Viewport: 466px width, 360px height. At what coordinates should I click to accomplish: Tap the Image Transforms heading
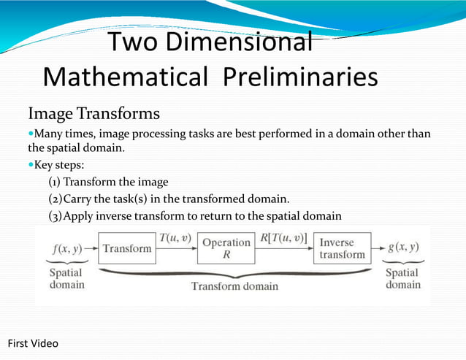[x=93, y=114]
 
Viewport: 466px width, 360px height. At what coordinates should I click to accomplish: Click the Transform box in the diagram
[x=127, y=248]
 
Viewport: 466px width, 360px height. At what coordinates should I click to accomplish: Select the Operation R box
[x=226, y=248]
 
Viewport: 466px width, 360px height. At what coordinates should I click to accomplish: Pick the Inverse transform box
[x=342, y=248]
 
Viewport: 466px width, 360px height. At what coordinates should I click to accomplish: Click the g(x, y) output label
[x=404, y=247]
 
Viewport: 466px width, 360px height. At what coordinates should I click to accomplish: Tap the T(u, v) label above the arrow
[x=177, y=238]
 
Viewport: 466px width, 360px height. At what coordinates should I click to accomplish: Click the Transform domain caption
[x=234, y=286]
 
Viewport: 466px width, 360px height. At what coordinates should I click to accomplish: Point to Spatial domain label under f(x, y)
[x=66, y=279]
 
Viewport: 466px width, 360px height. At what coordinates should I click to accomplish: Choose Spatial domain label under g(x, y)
[x=402, y=279]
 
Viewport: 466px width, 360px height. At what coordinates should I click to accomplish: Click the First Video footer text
[x=33, y=343]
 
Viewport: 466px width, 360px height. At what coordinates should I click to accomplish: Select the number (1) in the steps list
[x=55, y=182]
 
